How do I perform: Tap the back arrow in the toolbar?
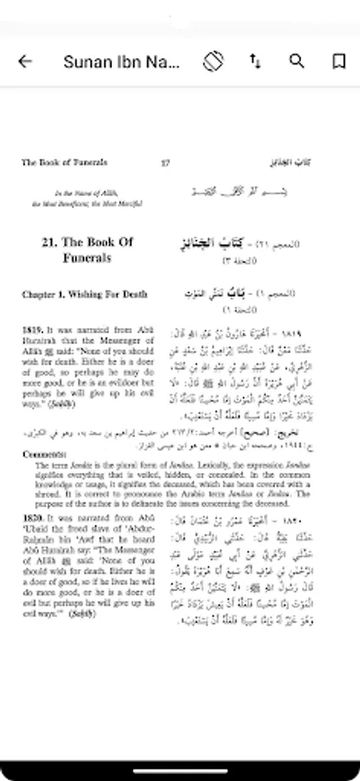(x=25, y=62)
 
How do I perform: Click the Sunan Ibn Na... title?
(x=121, y=62)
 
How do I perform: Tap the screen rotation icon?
(x=214, y=62)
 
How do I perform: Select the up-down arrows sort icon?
(x=255, y=62)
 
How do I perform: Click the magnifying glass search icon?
(x=297, y=62)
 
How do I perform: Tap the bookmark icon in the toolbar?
(x=338, y=62)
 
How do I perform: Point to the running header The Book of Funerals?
(x=65, y=162)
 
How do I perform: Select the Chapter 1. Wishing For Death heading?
(x=84, y=295)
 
